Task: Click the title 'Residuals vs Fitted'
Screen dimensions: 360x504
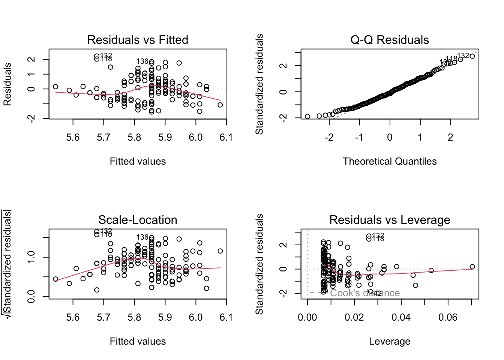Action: (x=138, y=40)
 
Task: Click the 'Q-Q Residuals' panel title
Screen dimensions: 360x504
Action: (x=390, y=40)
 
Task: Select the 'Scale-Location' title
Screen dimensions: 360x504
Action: (x=138, y=220)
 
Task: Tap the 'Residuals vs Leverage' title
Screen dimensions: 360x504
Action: (x=390, y=220)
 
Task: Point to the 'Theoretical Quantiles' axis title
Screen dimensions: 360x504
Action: (x=390, y=161)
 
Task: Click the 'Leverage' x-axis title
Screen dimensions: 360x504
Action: (x=390, y=341)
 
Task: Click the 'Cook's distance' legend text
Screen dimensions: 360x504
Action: (x=365, y=293)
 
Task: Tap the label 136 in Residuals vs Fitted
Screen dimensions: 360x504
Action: (x=142, y=61)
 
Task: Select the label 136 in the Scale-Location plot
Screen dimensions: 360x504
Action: (x=142, y=237)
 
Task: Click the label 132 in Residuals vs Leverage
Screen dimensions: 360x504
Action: (x=378, y=235)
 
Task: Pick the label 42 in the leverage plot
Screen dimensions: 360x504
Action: (x=378, y=293)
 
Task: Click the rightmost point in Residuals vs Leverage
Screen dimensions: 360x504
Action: (x=472, y=267)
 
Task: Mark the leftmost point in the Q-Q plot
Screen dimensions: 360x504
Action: (x=307, y=117)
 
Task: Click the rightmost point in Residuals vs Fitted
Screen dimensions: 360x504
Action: (x=220, y=105)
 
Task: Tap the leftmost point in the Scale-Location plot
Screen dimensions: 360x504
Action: (x=55, y=279)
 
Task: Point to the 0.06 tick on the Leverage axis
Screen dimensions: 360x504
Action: (x=448, y=317)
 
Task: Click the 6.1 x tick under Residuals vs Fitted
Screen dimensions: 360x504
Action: (x=226, y=137)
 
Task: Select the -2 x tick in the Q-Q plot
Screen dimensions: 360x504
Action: (x=329, y=137)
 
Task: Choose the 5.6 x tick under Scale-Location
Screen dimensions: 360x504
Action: (x=73, y=317)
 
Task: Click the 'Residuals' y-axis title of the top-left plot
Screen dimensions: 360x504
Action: (x=7, y=84)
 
